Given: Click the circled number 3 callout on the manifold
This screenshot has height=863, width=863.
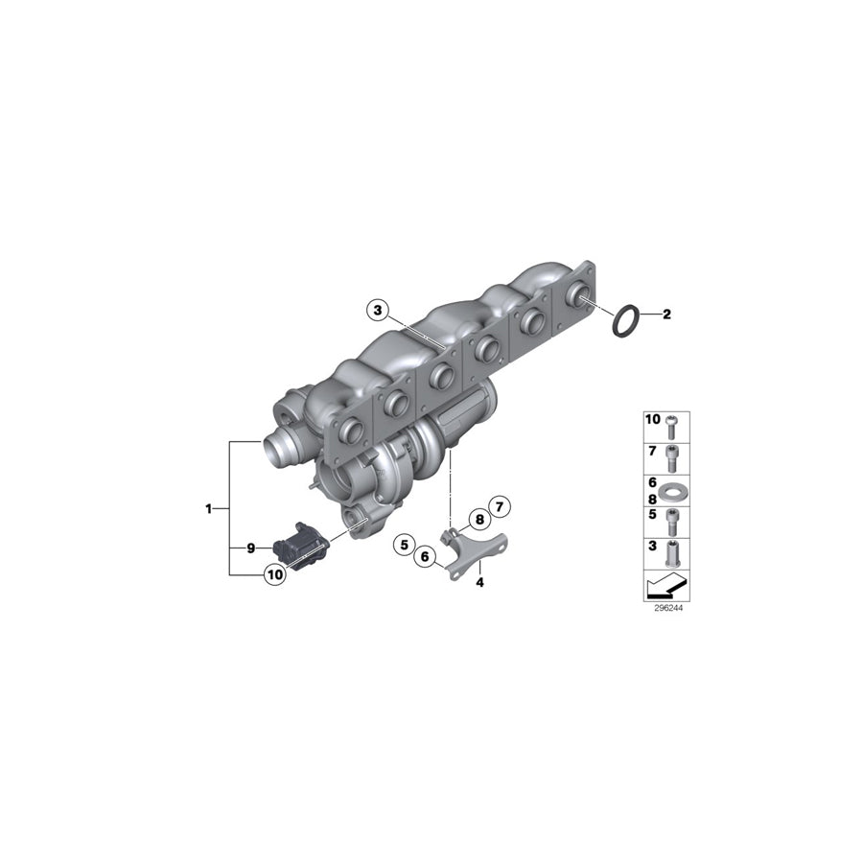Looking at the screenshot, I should point(378,311).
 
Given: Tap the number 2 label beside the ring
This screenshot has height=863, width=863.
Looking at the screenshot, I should point(667,315).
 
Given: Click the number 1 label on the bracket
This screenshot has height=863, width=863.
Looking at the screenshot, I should point(208,508).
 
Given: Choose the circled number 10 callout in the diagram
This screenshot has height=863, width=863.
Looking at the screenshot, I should point(274,575).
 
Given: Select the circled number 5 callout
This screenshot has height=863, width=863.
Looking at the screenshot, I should point(406,545).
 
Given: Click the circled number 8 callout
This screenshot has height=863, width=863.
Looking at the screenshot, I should point(477,521).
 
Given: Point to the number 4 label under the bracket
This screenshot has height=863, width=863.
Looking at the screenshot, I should point(478,581).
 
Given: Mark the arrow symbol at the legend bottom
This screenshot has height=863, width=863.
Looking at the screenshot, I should point(666,584).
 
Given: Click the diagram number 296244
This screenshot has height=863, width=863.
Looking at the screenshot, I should point(666,607).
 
